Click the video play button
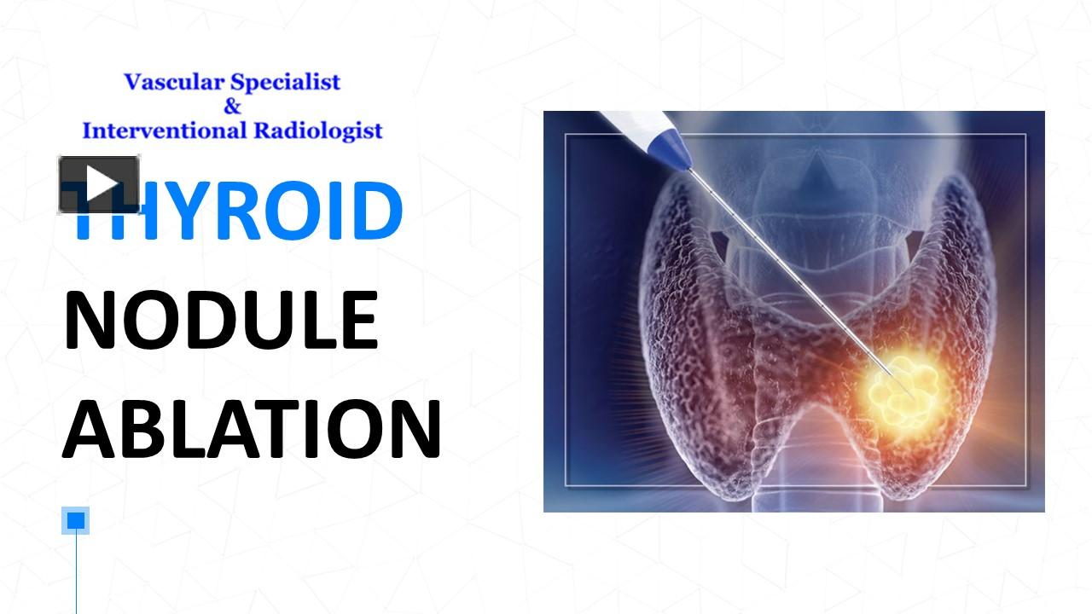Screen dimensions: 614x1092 (99, 183)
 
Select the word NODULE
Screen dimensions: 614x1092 (221, 321)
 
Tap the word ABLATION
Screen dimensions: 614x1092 (252, 429)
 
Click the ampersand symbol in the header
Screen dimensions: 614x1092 (232, 107)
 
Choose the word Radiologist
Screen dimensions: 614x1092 (317, 130)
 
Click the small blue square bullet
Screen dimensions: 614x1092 (76, 520)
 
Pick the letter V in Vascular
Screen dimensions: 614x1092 (132, 82)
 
